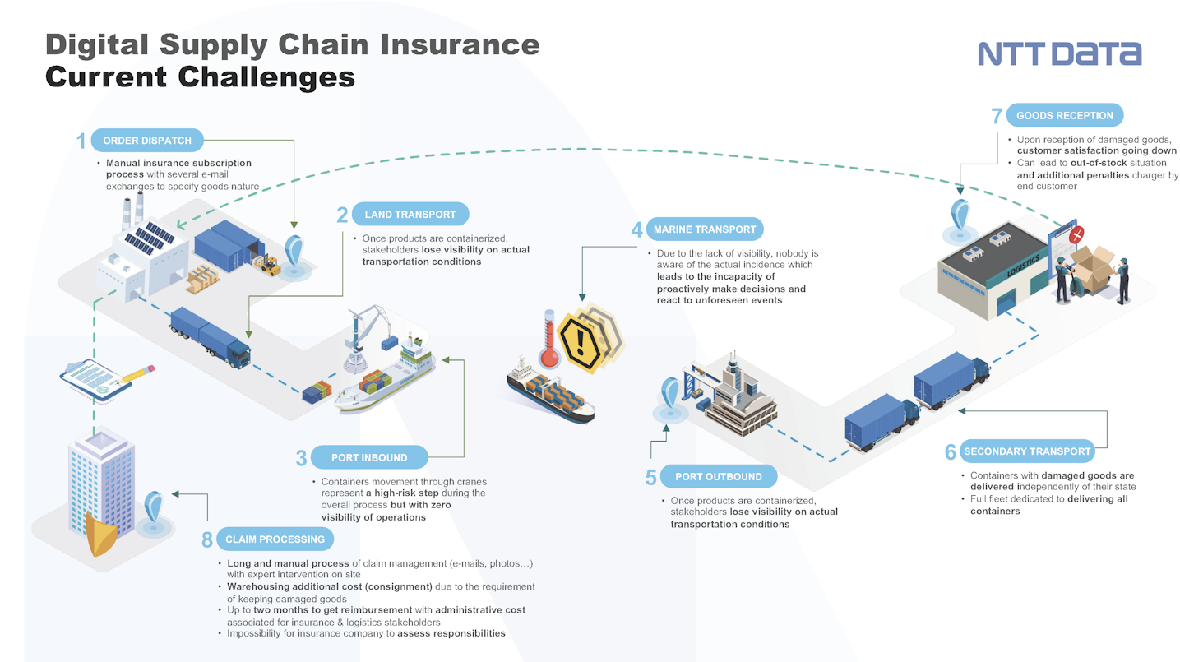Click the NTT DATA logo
1059,53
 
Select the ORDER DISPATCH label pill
147,141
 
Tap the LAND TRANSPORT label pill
410,215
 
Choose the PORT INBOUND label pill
368,458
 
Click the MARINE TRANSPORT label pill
705,229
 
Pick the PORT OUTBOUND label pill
719,477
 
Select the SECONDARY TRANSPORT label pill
1027,451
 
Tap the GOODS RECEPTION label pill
1065,115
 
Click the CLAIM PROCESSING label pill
275,539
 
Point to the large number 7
997,116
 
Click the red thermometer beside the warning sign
549,339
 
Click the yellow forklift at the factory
267,265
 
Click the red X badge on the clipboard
1076,234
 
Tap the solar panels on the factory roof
149,238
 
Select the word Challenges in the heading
266,77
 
